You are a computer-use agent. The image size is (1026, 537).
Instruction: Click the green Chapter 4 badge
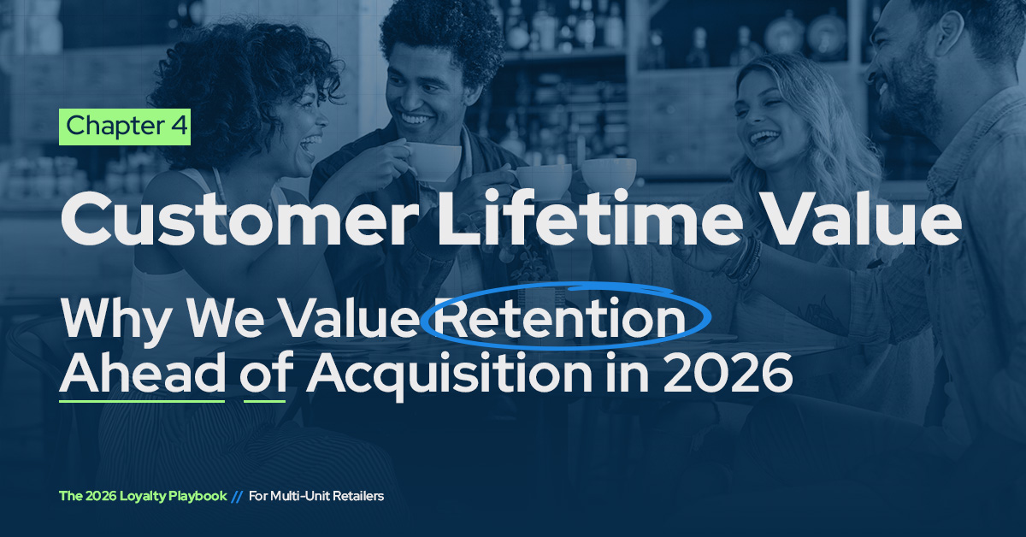pyautogui.click(x=124, y=127)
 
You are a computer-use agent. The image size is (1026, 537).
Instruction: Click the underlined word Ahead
pyautogui.click(x=142, y=374)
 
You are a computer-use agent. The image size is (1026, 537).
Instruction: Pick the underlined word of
pyautogui.click(x=264, y=374)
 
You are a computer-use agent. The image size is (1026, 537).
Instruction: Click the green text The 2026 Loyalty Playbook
pyautogui.click(x=143, y=496)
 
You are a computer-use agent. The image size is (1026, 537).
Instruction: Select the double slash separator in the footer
pyautogui.click(x=237, y=496)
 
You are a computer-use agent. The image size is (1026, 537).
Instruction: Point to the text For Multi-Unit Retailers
pyautogui.click(x=316, y=496)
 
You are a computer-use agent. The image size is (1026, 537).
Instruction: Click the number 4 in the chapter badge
pyautogui.click(x=178, y=127)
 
